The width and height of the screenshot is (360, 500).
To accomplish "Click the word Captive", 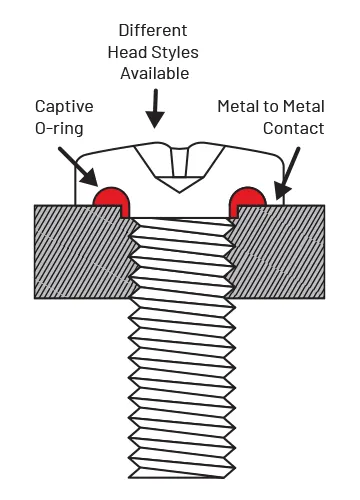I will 64,105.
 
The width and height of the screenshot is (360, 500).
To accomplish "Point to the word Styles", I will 180,51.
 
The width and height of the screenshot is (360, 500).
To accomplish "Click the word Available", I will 154,74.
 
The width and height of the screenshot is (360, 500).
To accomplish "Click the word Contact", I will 294,128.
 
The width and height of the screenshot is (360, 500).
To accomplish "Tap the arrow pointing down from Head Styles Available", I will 155,110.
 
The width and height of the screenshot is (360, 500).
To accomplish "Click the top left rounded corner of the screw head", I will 82,158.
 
